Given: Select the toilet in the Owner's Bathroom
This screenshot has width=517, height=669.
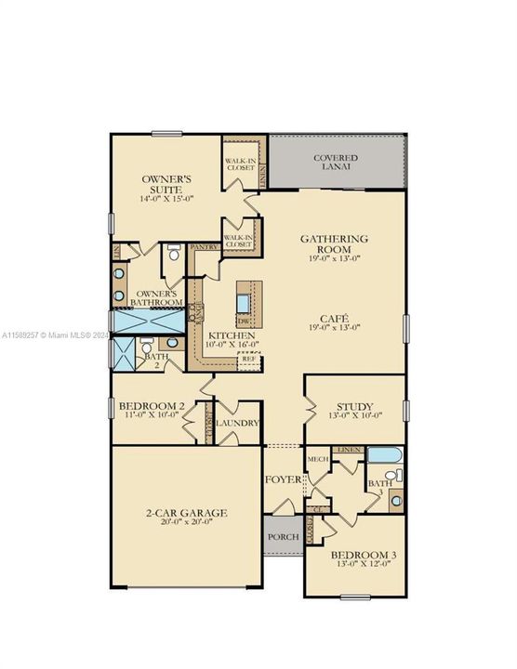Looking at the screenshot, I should tap(174, 252).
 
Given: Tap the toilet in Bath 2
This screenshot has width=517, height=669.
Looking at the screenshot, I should tap(149, 345).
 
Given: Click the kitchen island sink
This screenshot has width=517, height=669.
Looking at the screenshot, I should tap(242, 302).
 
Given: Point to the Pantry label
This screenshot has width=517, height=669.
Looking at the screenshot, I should tap(203, 248).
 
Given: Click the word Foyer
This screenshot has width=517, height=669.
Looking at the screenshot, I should tap(282, 479).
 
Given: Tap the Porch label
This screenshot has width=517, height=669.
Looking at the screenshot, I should tap(279, 538).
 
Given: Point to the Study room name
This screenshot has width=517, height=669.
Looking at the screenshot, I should tap(355, 406).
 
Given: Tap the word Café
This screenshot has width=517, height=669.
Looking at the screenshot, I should tap(334, 317).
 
